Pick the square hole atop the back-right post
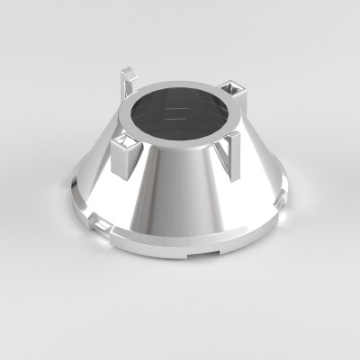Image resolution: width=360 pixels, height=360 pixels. pos(237,86)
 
